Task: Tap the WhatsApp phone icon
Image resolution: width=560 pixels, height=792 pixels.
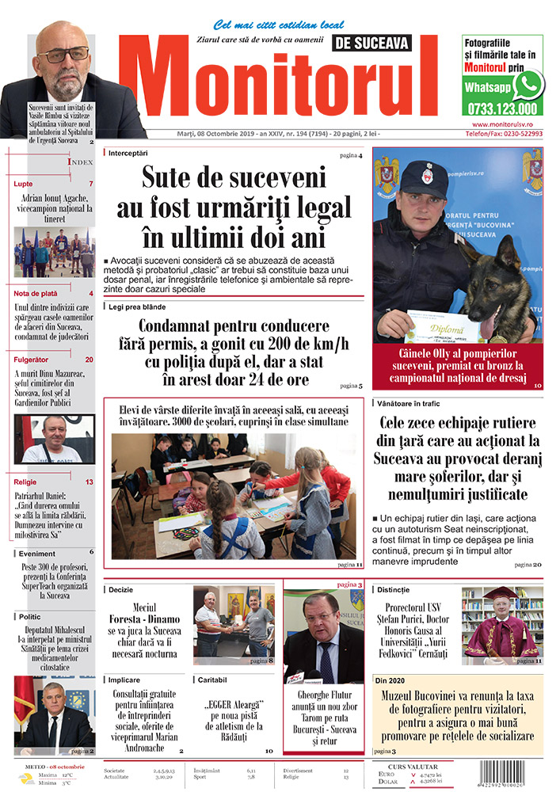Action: point(528,86)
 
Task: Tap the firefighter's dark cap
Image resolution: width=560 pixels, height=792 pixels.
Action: point(423,181)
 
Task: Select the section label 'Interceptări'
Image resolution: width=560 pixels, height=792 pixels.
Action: point(128,152)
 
